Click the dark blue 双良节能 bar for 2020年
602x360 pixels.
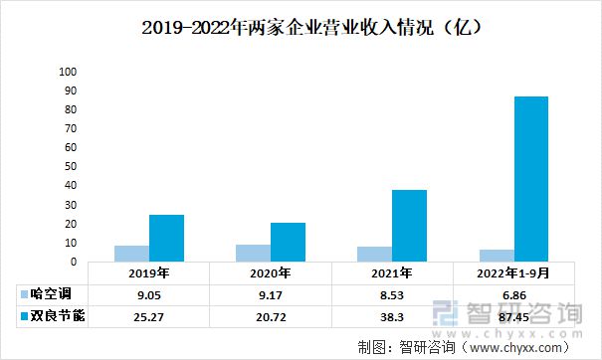click(288, 242)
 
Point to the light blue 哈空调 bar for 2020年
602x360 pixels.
click(253, 254)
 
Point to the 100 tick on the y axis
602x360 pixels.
click(68, 73)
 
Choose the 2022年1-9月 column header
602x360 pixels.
click(513, 273)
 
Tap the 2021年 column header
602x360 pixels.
click(392, 273)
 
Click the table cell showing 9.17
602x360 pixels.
click(270, 295)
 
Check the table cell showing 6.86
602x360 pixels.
click(513, 295)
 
